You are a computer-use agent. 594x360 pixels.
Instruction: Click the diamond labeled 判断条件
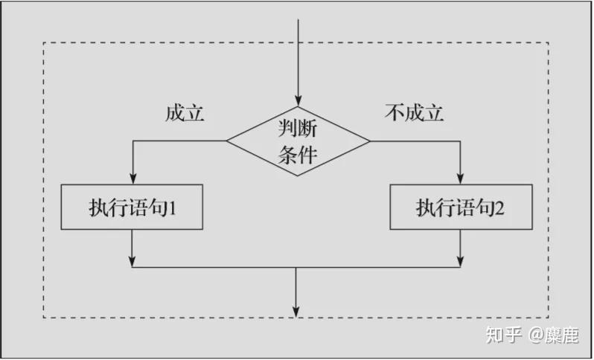(x=298, y=141)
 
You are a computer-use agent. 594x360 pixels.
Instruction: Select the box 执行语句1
(x=132, y=207)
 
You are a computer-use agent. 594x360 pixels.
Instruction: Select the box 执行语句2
(x=461, y=207)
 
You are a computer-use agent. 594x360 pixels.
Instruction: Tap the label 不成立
(x=414, y=113)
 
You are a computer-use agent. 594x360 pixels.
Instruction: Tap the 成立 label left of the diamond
(x=185, y=113)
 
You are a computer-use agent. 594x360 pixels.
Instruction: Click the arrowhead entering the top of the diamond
(x=298, y=101)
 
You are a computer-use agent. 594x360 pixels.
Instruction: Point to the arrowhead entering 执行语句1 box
(x=132, y=179)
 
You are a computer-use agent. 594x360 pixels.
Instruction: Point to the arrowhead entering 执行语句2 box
(x=460, y=179)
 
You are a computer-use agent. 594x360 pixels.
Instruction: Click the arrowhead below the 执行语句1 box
(x=132, y=262)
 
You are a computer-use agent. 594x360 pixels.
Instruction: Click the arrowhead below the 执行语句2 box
(x=460, y=262)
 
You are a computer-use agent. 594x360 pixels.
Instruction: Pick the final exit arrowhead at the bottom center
(x=296, y=312)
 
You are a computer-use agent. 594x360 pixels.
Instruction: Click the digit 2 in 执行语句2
(x=499, y=208)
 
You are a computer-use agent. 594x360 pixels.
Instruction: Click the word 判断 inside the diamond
(x=298, y=128)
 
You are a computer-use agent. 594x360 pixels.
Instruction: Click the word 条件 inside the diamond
(x=298, y=155)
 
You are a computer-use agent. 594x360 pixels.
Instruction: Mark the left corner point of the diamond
(x=226, y=141)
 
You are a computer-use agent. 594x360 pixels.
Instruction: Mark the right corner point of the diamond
(x=370, y=141)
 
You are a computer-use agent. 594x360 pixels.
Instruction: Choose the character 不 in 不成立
(x=395, y=113)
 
